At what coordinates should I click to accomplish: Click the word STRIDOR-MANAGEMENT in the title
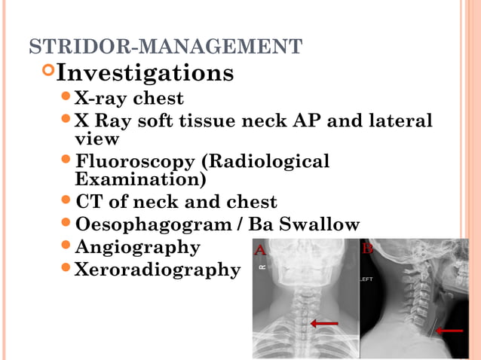(x=165, y=47)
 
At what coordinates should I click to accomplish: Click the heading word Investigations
(x=145, y=73)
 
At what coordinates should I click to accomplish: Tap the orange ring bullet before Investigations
(x=48, y=72)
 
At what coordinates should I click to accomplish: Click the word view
(x=97, y=139)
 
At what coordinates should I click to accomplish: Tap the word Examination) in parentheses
(x=140, y=180)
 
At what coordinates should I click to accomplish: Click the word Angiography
(x=138, y=248)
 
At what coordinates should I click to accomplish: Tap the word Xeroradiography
(x=157, y=270)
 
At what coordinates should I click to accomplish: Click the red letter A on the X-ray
(x=259, y=249)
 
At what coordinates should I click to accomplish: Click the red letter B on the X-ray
(x=367, y=247)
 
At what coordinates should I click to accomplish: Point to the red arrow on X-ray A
(x=324, y=323)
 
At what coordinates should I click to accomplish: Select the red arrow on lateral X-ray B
(x=450, y=330)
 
